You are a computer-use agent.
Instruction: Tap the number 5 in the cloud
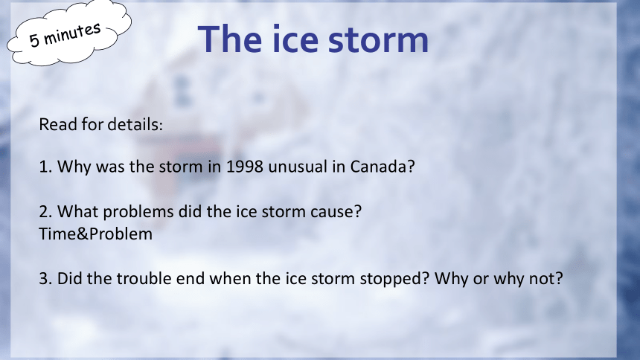click(34, 41)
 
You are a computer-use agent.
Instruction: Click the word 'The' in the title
click(230, 39)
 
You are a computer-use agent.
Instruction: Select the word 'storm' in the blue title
click(378, 41)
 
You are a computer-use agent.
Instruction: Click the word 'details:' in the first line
click(132, 124)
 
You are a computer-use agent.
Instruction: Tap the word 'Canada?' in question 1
click(383, 167)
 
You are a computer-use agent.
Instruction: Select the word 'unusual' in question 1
click(298, 167)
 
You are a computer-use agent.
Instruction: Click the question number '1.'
click(45, 167)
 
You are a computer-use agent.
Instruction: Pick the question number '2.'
click(45, 212)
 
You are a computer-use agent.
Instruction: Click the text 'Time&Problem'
click(95, 234)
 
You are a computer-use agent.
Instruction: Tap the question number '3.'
click(45, 279)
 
